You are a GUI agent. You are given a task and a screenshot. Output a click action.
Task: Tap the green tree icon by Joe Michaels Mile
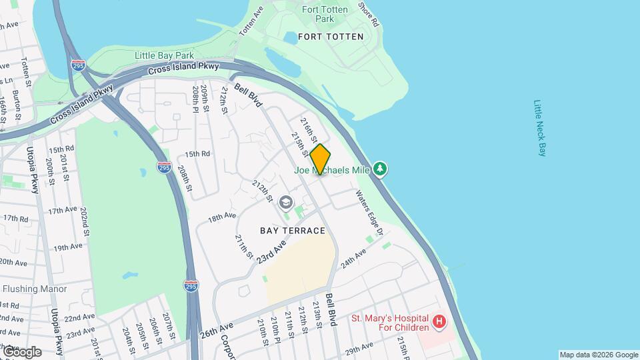[380, 169]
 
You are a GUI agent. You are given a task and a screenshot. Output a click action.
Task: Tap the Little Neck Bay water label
[540, 128]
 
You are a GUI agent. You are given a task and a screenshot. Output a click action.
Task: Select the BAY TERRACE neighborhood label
[293, 231]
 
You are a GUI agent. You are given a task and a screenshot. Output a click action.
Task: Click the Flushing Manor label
[35, 289]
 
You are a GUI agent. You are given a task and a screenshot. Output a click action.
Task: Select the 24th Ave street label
[354, 259]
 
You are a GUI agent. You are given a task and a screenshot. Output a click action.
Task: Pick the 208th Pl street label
[196, 98]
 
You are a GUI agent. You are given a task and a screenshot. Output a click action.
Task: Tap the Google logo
[21, 351]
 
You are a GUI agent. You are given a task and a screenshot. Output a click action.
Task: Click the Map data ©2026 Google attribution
[598, 355]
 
